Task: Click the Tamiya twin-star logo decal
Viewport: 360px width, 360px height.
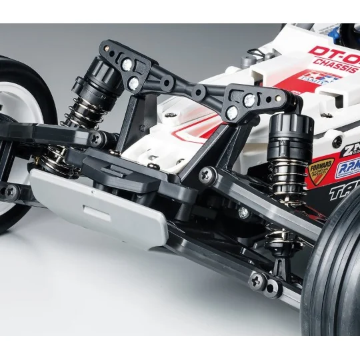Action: pyautogui.click(x=319, y=79)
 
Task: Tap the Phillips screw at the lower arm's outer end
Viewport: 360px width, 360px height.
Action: pyautogui.click(x=256, y=280)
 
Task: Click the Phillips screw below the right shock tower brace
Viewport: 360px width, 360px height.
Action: pyautogui.click(x=207, y=175)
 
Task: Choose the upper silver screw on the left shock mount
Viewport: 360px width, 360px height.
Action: pyautogui.click(x=127, y=65)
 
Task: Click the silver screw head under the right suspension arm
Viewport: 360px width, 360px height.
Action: pyautogui.click(x=243, y=213)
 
